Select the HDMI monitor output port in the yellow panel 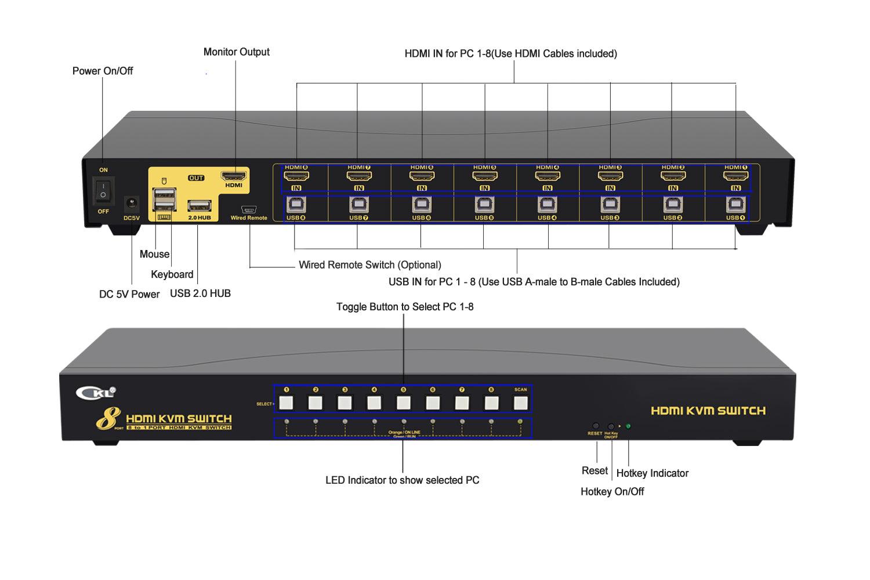click(x=233, y=176)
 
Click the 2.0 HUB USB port click(x=199, y=205)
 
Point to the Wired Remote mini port click(x=249, y=210)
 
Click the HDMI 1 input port click(x=735, y=176)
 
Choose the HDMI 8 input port click(x=296, y=176)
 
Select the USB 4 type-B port click(x=547, y=205)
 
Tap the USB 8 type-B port click(x=295, y=205)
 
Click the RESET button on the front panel click(x=595, y=426)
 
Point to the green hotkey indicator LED click(x=628, y=426)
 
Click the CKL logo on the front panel click(x=96, y=393)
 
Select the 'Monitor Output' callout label click(x=236, y=52)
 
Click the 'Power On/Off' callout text click(x=103, y=71)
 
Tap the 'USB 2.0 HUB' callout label click(x=200, y=293)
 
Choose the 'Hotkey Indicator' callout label click(x=652, y=473)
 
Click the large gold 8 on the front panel click(x=108, y=419)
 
